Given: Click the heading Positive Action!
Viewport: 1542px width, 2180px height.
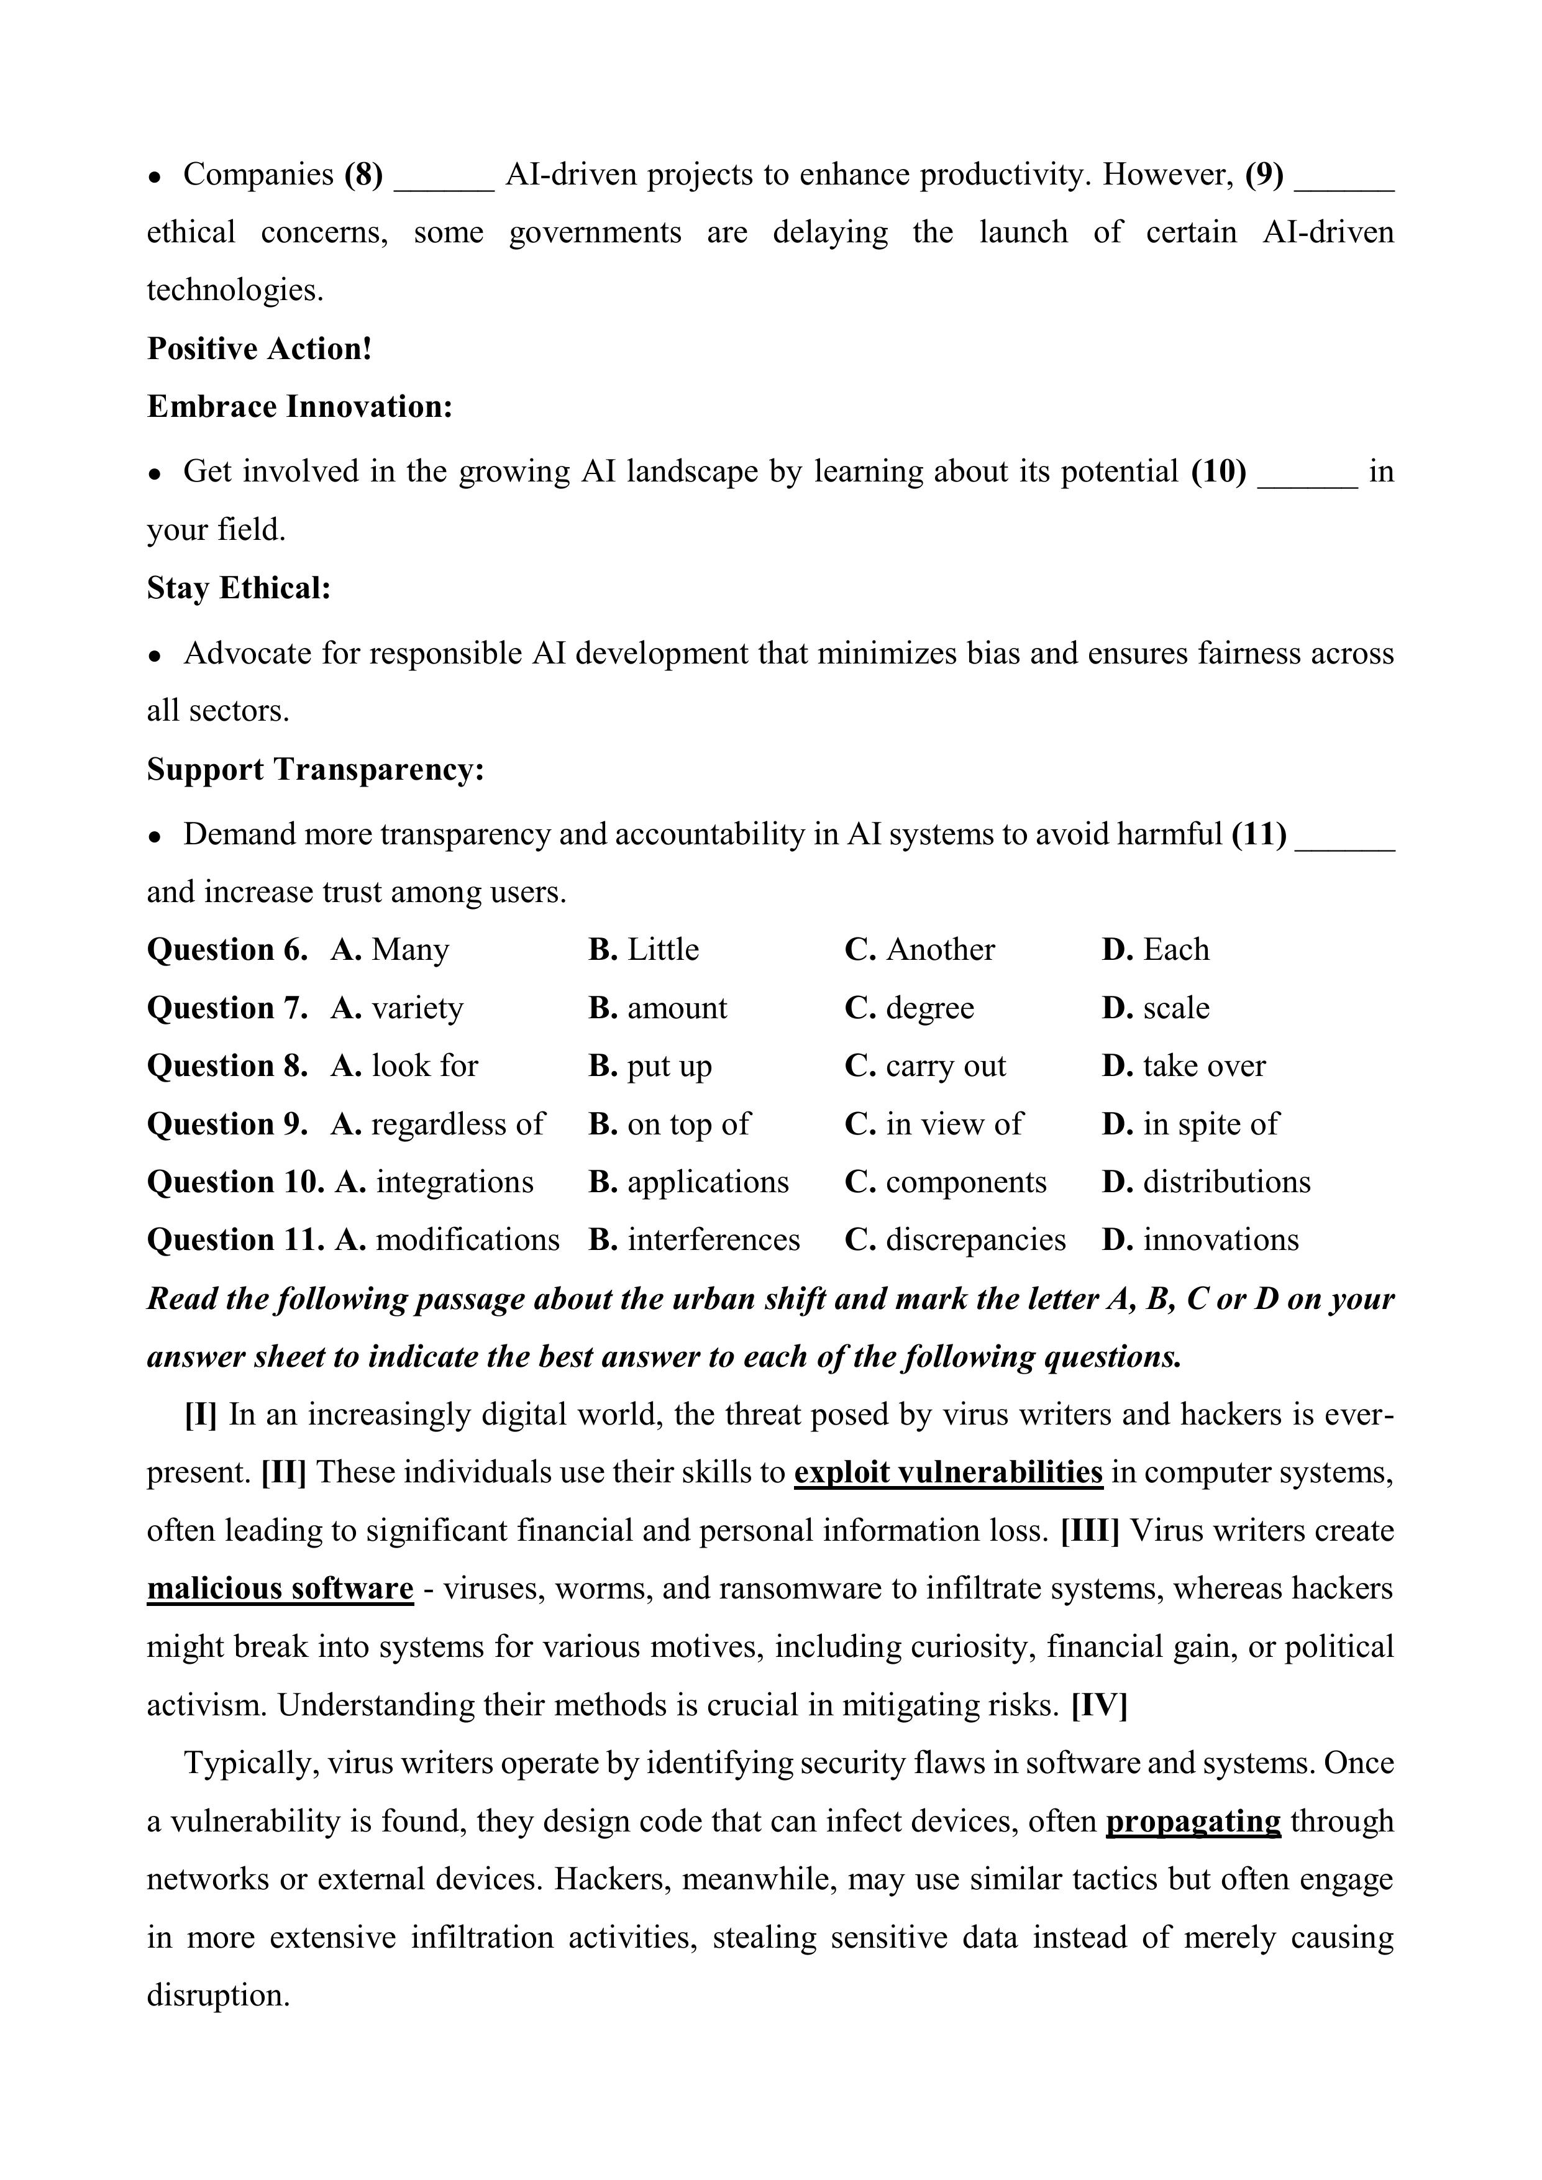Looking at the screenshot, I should pyautogui.click(x=259, y=349).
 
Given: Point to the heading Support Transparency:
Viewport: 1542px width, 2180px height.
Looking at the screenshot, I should pyautogui.click(x=315, y=769).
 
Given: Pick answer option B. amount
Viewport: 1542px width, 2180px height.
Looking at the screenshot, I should pyautogui.click(x=657, y=1008).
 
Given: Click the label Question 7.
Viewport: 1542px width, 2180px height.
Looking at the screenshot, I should pyautogui.click(x=227, y=1008).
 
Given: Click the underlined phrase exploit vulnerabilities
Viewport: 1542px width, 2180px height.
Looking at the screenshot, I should pyautogui.click(x=947, y=1472).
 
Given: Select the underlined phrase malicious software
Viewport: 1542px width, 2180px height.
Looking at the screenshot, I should pyautogui.click(x=280, y=1589).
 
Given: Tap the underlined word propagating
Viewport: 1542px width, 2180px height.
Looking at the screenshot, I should pyautogui.click(x=1193, y=1821).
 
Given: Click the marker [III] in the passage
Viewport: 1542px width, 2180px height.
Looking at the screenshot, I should pyautogui.click(x=1089, y=1531).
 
